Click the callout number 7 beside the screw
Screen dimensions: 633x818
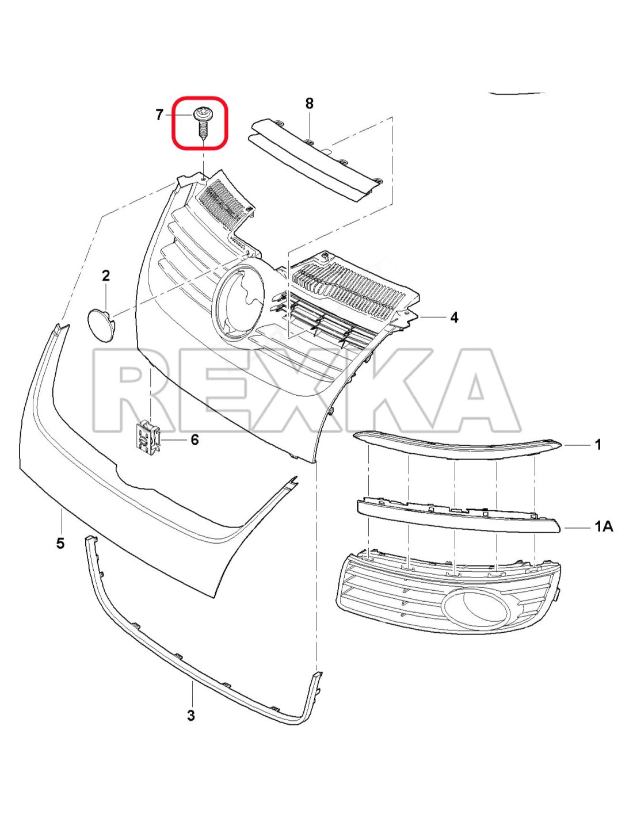(x=159, y=115)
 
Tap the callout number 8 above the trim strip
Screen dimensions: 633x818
(x=309, y=103)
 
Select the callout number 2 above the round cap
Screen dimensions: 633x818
(x=106, y=276)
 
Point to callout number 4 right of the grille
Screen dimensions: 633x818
(x=454, y=318)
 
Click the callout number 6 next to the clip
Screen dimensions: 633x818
(x=195, y=439)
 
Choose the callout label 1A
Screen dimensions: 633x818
(x=604, y=527)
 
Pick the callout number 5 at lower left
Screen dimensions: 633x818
(x=60, y=543)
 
